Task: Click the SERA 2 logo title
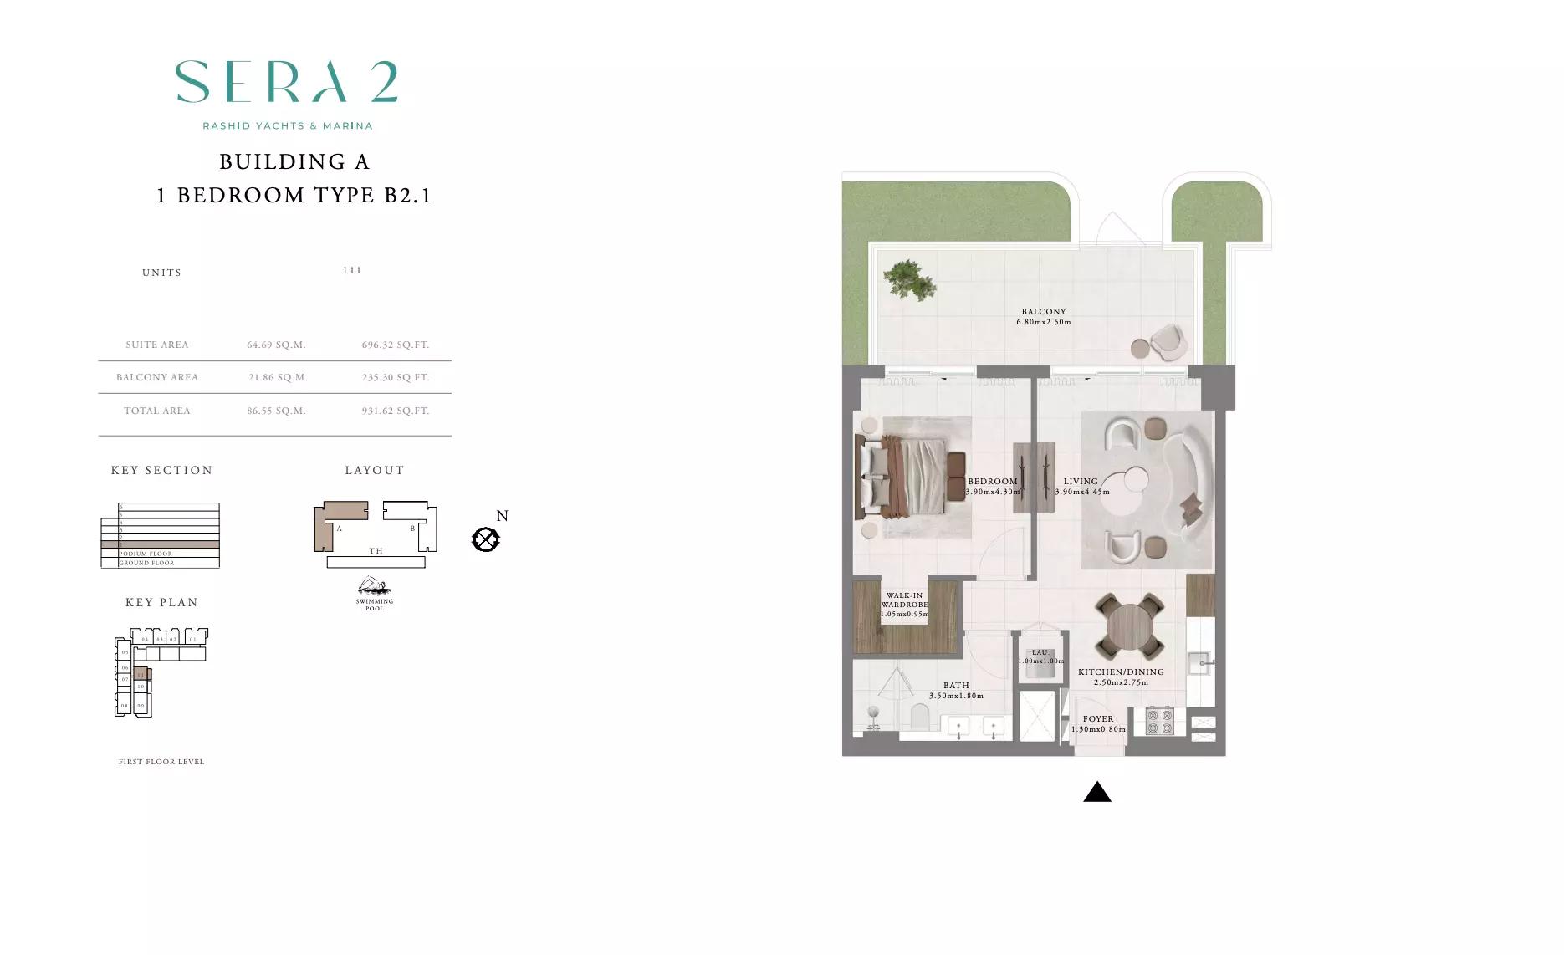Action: pyautogui.click(x=286, y=82)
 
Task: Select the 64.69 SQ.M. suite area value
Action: pyautogui.click(x=276, y=345)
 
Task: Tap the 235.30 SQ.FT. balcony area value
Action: pyautogui.click(x=396, y=377)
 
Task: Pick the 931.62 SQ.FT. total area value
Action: pyautogui.click(x=396, y=411)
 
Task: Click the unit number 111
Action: pyautogui.click(x=352, y=270)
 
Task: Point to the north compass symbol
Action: pyautogui.click(x=486, y=539)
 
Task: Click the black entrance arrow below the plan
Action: pyautogui.click(x=1096, y=792)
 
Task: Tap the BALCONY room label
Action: pyautogui.click(x=1043, y=312)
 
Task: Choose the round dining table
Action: pyautogui.click(x=1130, y=626)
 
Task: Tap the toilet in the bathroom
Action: pyautogui.click(x=919, y=717)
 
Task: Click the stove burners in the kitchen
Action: pyautogui.click(x=1159, y=721)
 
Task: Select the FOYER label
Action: pyautogui.click(x=1098, y=719)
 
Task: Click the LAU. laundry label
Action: pyautogui.click(x=1040, y=652)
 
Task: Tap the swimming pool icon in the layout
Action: pyautogui.click(x=374, y=585)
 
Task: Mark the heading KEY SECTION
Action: pyautogui.click(x=162, y=471)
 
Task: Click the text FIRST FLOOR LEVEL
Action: pyautogui.click(x=161, y=762)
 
